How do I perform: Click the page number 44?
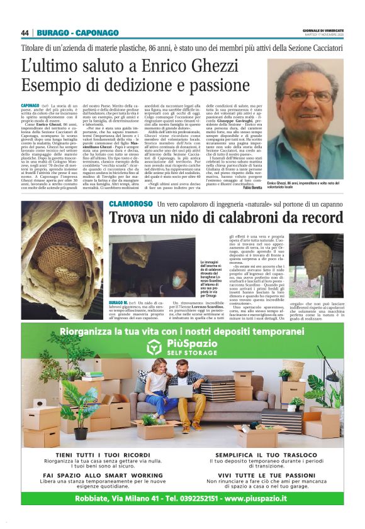(x=25, y=33)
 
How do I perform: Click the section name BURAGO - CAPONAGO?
(x=77, y=33)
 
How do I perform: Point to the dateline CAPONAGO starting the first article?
(x=30, y=105)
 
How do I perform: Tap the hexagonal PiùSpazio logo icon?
(x=155, y=347)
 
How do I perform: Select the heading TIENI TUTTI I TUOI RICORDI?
(x=96, y=454)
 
